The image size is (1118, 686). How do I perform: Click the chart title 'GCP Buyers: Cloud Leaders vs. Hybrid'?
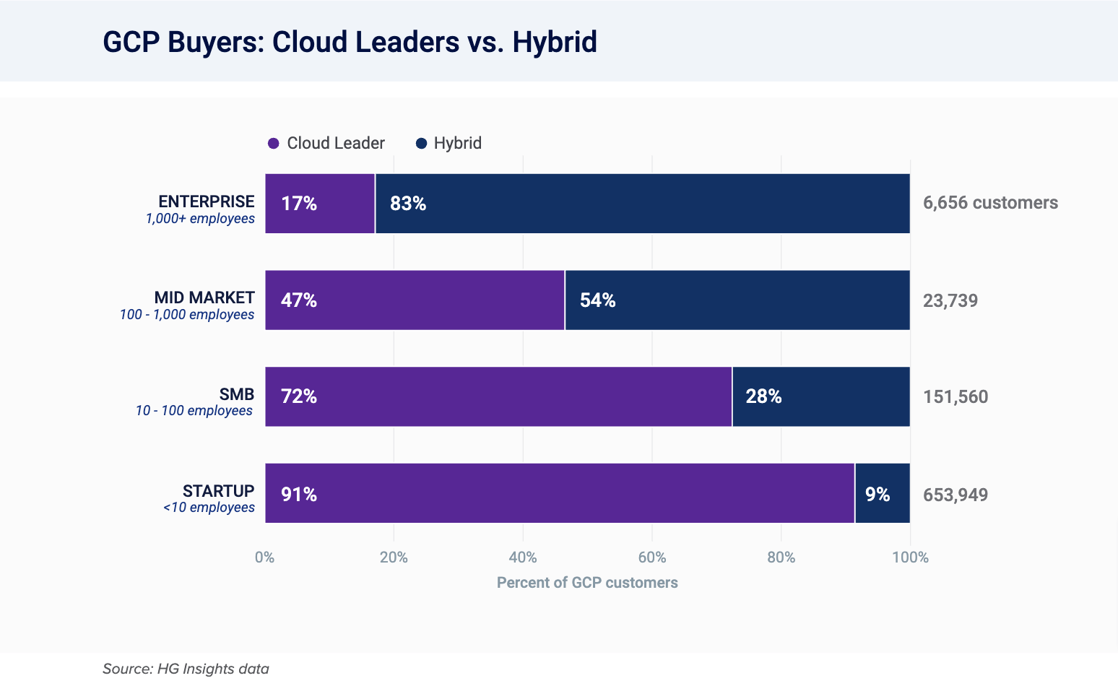(350, 42)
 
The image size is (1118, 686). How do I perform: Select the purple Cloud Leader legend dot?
(273, 144)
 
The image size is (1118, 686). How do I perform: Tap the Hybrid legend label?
(457, 143)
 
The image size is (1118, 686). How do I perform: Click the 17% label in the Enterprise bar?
(299, 204)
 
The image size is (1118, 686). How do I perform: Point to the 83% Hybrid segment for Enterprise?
(642, 204)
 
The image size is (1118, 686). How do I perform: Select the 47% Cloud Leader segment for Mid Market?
(415, 300)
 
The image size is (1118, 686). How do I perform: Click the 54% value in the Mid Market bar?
(597, 300)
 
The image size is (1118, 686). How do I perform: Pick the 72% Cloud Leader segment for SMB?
(498, 396)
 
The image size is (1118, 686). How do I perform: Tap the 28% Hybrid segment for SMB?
(820, 396)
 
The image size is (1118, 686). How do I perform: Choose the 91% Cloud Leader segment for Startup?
(560, 493)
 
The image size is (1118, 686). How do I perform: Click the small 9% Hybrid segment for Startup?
(882, 494)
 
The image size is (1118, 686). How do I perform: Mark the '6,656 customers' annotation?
(990, 203)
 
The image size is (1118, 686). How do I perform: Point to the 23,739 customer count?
(950, 300)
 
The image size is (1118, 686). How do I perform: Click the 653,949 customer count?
(955, 495)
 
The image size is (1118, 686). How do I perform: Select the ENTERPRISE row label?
(207, 201)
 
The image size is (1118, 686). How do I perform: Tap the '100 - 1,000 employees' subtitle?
(187, 315)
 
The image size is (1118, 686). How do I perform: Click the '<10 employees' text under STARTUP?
(209, 508)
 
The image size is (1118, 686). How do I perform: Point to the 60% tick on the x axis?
(651, 557)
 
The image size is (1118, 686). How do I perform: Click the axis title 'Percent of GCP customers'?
(587, 583)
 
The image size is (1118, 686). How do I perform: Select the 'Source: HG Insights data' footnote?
(186, 669)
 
